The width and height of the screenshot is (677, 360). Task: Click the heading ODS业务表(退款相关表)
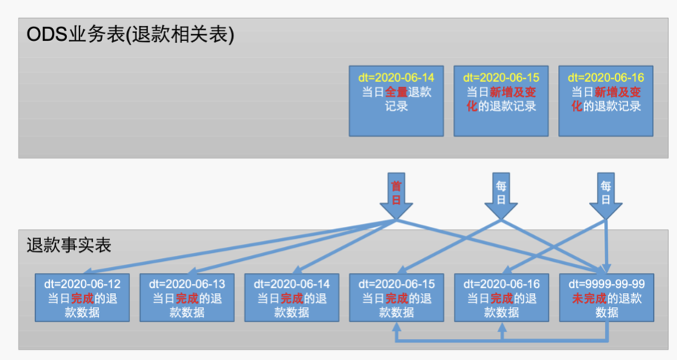[130, 35]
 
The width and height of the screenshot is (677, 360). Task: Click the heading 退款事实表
[68, 245]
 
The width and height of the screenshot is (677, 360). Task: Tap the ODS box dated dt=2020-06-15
[501, 100]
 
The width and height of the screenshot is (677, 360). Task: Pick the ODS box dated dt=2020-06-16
[606, 100]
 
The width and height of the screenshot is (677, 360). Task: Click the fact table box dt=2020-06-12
[82, 298]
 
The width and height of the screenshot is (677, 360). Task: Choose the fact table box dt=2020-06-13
[187, 298]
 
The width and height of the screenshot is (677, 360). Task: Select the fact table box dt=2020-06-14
[292, 298]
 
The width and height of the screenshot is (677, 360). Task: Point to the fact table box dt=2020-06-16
[501, 298]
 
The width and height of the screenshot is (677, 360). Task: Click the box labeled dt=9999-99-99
[606, 298]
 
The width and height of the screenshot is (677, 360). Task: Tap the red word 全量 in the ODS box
[395, 92]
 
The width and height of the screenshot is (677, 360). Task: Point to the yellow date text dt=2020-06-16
[606, 77]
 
